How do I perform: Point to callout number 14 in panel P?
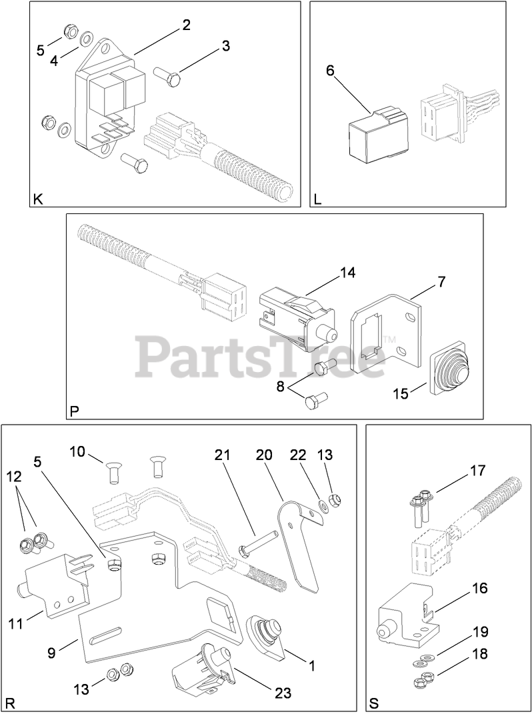(x=347, y=272)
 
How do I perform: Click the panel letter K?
(x=37, y=199)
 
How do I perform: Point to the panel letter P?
(x=75, y=412)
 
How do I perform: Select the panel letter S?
(x=373, y=703)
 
